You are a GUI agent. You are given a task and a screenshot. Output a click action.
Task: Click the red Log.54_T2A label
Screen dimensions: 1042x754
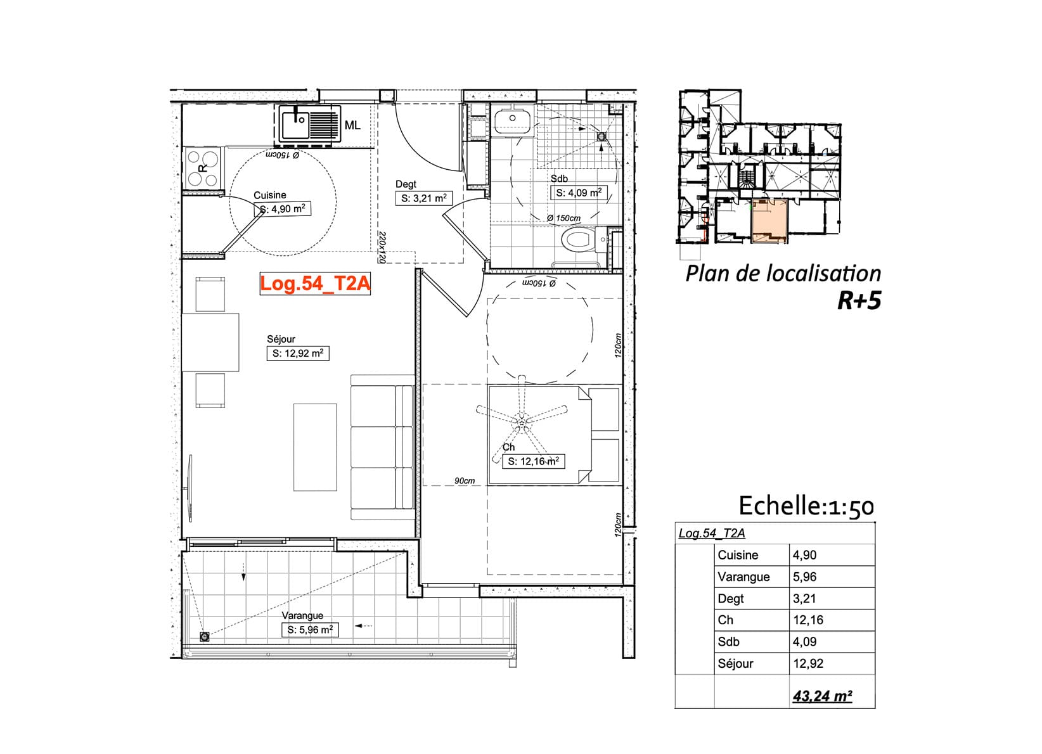point(315,284)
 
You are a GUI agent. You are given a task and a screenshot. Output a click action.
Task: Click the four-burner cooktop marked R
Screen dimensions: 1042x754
point(203,168)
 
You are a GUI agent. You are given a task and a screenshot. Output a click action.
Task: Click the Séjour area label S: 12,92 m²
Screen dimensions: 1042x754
point(298,354)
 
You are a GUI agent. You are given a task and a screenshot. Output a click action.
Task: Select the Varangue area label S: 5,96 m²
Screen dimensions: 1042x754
point(310,630)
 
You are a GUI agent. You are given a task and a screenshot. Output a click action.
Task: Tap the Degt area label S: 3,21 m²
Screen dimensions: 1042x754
point(424,198)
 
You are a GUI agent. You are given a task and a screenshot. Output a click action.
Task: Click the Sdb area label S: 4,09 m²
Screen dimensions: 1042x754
point(579,193)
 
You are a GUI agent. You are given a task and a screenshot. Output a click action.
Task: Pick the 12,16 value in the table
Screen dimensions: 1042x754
point(808,620)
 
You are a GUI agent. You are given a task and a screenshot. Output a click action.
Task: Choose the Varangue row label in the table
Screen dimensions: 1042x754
point(743,577)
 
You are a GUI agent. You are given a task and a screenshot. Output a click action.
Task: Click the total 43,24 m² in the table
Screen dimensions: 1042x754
point(823,696)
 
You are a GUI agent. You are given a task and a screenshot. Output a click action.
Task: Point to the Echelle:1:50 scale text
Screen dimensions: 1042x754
point(806,506)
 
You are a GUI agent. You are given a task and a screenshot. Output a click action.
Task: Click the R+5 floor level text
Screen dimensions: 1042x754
point(859,300)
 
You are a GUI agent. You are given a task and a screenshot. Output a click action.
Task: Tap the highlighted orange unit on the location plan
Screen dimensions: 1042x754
point(769,220)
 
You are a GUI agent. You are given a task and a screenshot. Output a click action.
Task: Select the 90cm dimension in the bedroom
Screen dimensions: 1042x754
point(465,480)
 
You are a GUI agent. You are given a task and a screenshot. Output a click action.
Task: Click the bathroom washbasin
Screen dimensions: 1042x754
point(512,120)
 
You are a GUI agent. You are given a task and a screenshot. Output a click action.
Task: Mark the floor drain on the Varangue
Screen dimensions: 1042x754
point(204,637)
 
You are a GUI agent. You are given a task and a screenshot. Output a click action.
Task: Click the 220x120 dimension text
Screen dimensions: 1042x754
point(382,248)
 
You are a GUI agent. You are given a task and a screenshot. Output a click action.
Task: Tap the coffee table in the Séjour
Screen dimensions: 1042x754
point(315,447)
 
